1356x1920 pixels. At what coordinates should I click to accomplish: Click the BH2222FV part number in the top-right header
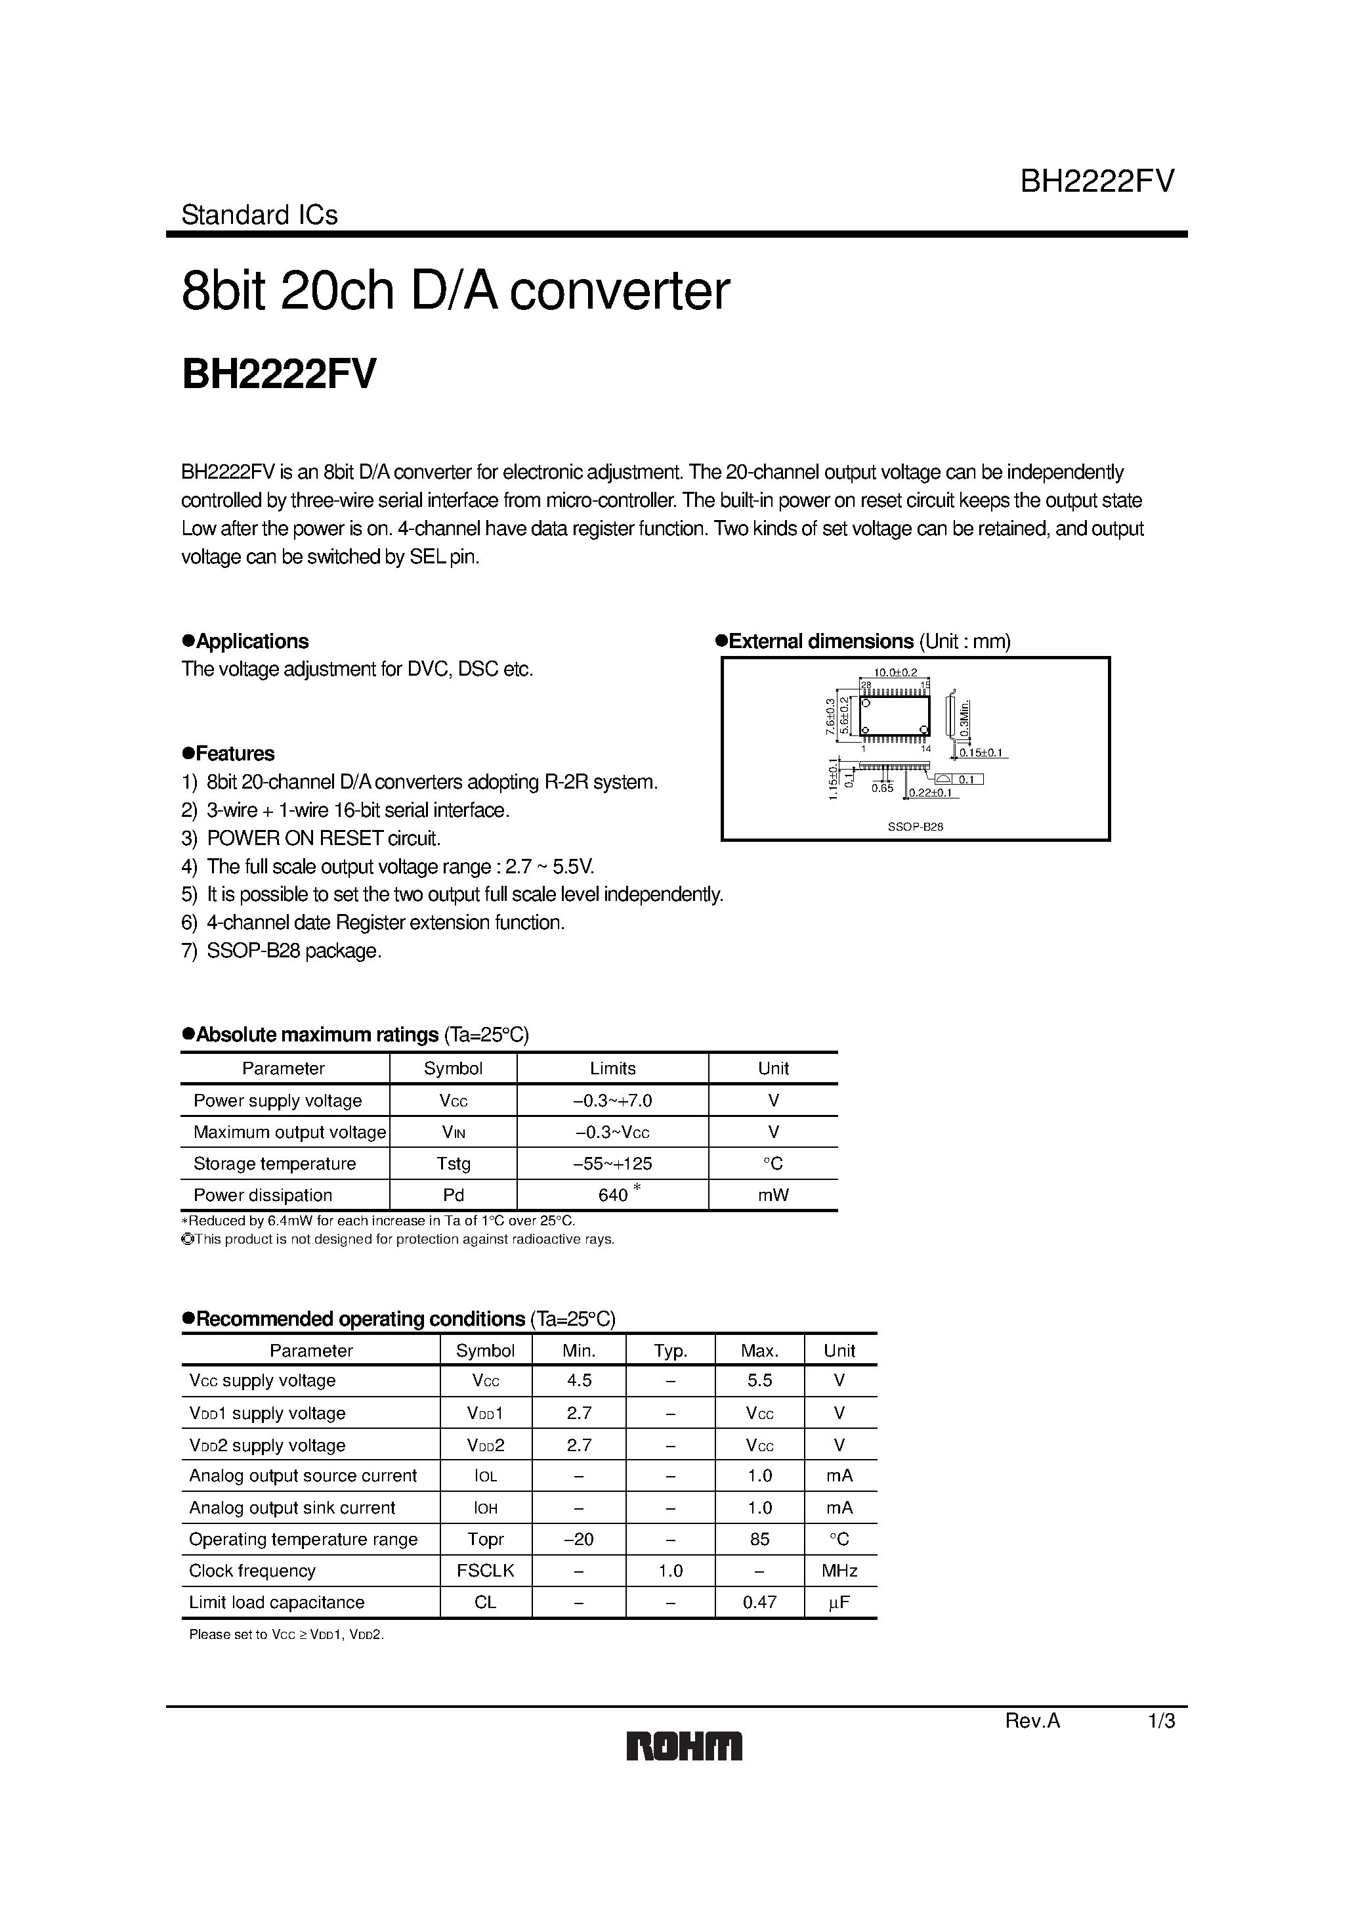1097,181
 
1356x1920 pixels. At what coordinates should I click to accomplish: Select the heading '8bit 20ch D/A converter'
456,291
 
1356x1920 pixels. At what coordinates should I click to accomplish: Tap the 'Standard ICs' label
259,215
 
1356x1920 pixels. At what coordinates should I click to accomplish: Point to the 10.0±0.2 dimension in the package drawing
895,672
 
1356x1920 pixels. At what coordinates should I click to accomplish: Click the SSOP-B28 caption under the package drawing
914,826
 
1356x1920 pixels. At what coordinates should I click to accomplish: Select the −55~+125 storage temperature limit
613,1163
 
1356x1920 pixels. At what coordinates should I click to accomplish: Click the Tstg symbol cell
453,1163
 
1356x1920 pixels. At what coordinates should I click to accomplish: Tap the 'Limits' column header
613,1068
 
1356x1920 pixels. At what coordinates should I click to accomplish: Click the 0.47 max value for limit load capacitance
759,1602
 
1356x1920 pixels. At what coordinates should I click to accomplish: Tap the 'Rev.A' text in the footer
1032,1721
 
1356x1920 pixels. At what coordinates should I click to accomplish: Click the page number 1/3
1161,1721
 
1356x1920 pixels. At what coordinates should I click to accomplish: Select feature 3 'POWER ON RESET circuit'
323,838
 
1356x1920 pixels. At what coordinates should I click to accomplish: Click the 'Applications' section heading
251,642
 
